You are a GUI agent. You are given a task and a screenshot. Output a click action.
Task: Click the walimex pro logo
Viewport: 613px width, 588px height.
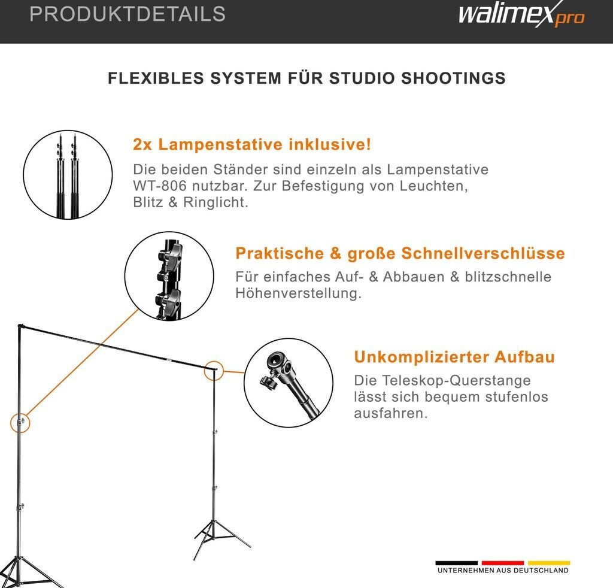(x=521, y=15)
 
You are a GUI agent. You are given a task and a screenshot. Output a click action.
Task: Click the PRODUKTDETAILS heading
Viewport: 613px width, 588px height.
(x=128, y=14)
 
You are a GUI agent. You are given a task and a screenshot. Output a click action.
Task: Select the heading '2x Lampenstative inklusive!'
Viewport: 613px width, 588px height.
(x=252, y=144)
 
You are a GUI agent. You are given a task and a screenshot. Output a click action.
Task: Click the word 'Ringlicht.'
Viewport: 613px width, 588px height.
(x=216, y=202)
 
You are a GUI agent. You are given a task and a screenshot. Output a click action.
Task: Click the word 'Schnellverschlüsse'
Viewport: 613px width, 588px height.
(x=483, y=253)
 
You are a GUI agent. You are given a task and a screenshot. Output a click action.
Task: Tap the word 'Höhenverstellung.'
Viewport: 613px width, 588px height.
(x=299, y=293)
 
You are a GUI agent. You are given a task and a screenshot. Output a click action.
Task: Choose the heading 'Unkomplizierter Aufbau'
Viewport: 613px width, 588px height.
(x=454, y=357)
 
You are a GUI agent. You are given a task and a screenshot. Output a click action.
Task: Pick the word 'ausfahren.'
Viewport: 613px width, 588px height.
(x=391, y=413)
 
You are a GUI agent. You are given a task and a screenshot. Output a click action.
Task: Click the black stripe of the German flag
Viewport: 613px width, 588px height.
(x=457, y=563)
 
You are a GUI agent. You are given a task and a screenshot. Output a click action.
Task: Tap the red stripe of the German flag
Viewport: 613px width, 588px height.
(x=503, y=563)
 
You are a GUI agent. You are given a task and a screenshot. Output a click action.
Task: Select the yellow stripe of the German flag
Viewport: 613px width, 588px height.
(x=549, y=563)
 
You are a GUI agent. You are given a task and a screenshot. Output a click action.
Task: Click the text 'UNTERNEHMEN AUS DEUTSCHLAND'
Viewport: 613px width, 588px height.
(x=503, y=571)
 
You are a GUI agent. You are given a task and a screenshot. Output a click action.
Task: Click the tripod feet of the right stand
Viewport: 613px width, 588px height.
(x=222, y=539)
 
